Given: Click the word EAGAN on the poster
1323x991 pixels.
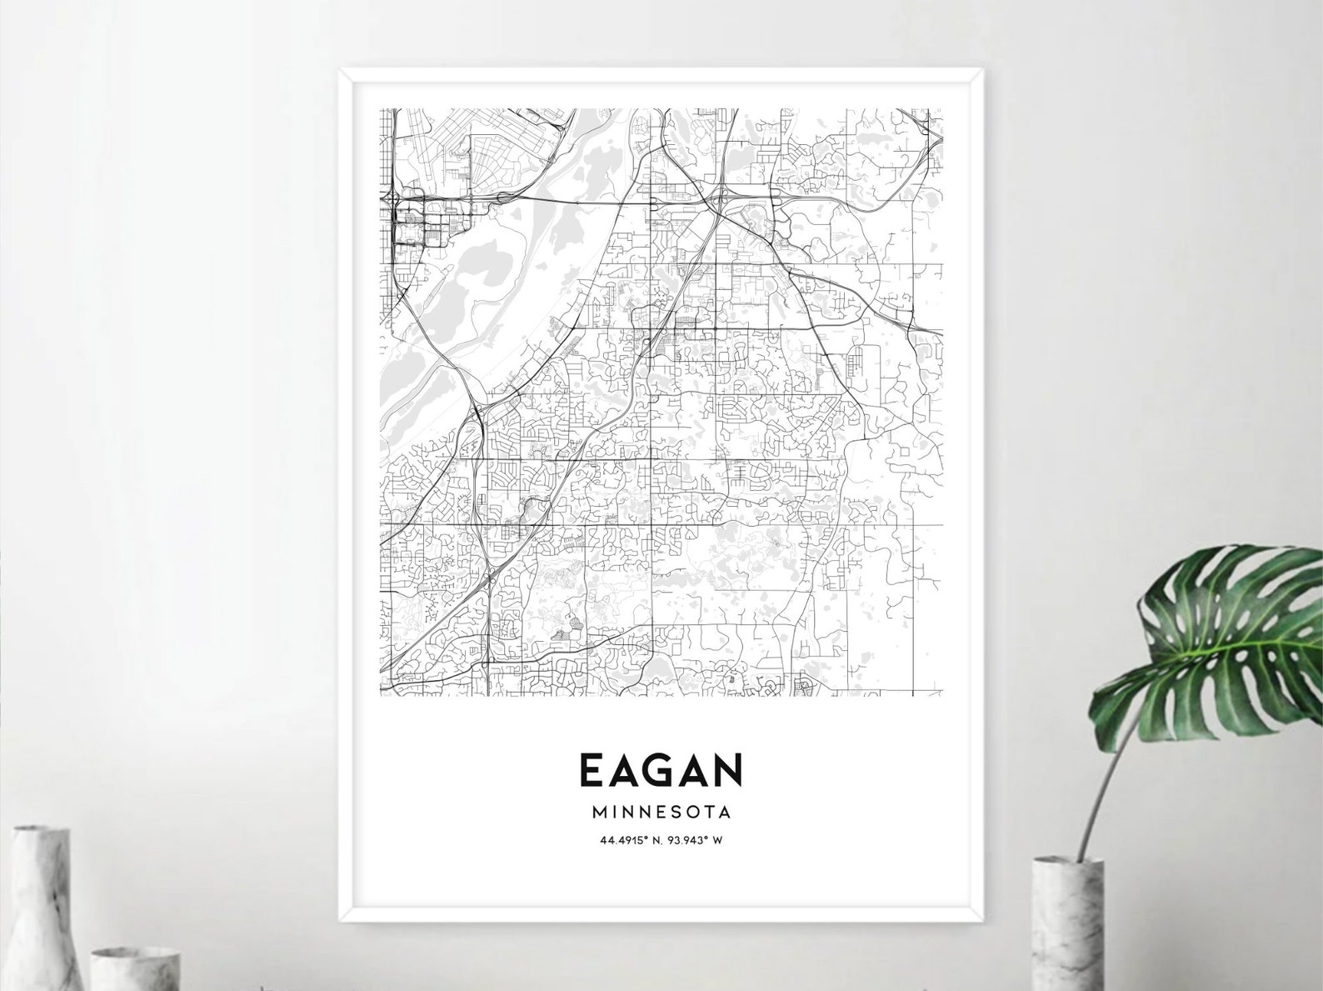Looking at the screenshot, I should pyautogui.click(x=660, y=770).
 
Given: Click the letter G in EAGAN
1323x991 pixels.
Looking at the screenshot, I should pyautogui.click(x=660, y=770).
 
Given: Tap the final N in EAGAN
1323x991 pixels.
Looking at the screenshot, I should pyautogui.click(x=726, y=770).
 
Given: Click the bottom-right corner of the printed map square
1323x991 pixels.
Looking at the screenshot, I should pyautogui.click(x=941, y=698).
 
